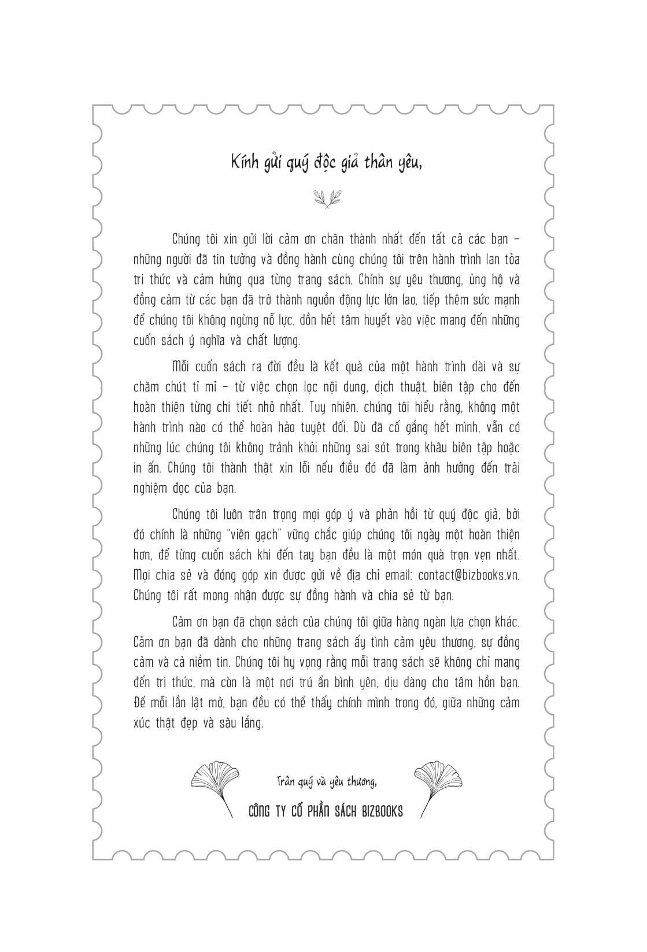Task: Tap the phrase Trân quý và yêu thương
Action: [x=326, y=783]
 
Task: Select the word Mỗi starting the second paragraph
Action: [x=182, y=367]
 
